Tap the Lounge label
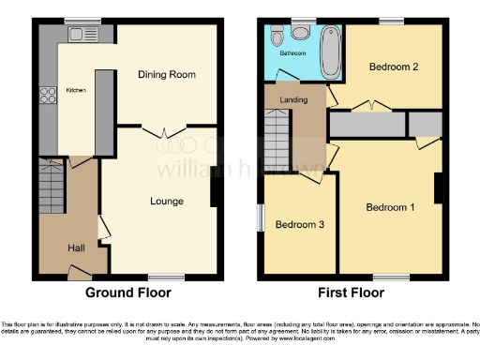tap(167, 201)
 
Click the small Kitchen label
tap(75, 92)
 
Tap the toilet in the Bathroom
tap(277, 36)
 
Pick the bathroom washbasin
tap(300, 33)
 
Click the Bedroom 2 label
tap(392, 67)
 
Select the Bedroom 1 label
tap(390, 207)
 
